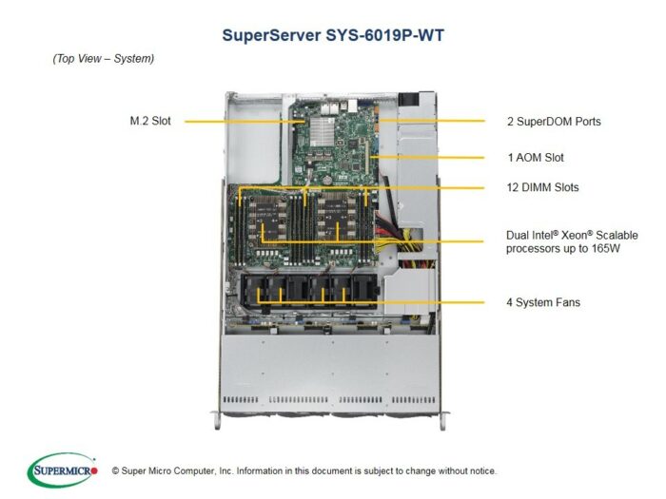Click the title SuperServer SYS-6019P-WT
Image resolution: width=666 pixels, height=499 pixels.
point(333,35)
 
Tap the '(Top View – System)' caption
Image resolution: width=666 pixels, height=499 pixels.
point(103,59)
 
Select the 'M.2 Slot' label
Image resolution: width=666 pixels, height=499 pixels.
point(150,121)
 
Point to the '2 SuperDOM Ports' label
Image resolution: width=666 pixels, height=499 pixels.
point(554,122)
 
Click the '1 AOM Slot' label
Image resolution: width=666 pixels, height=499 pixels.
point(536,158)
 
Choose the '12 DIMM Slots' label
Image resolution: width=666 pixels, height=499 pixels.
point(543,187)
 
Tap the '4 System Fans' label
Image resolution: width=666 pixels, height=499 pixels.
point(543,302)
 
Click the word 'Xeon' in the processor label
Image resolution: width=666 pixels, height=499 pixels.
point(575,236)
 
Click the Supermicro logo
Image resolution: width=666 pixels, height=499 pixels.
point(63,470)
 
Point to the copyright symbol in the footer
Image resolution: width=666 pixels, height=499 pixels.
point(115,471)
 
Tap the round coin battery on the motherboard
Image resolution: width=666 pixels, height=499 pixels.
point(327,180)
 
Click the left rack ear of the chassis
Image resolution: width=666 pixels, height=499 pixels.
point(218,420)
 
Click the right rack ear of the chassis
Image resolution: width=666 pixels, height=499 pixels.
point(443,420)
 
